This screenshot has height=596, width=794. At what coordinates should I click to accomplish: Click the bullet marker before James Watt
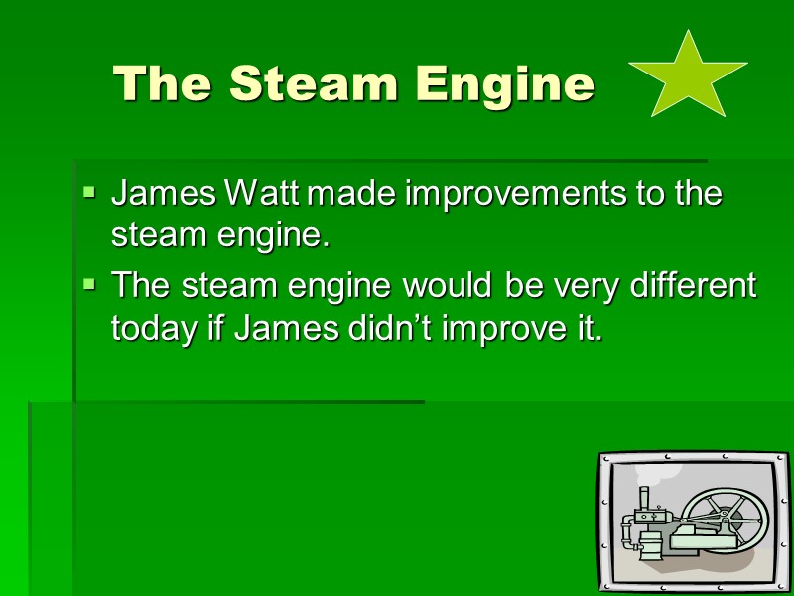pos(89,189)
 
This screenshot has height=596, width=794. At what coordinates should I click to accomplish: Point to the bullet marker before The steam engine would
pos(89,284)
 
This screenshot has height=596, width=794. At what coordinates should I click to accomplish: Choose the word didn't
pos(388,328)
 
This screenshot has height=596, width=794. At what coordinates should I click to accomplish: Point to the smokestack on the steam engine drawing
pos(643,500)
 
